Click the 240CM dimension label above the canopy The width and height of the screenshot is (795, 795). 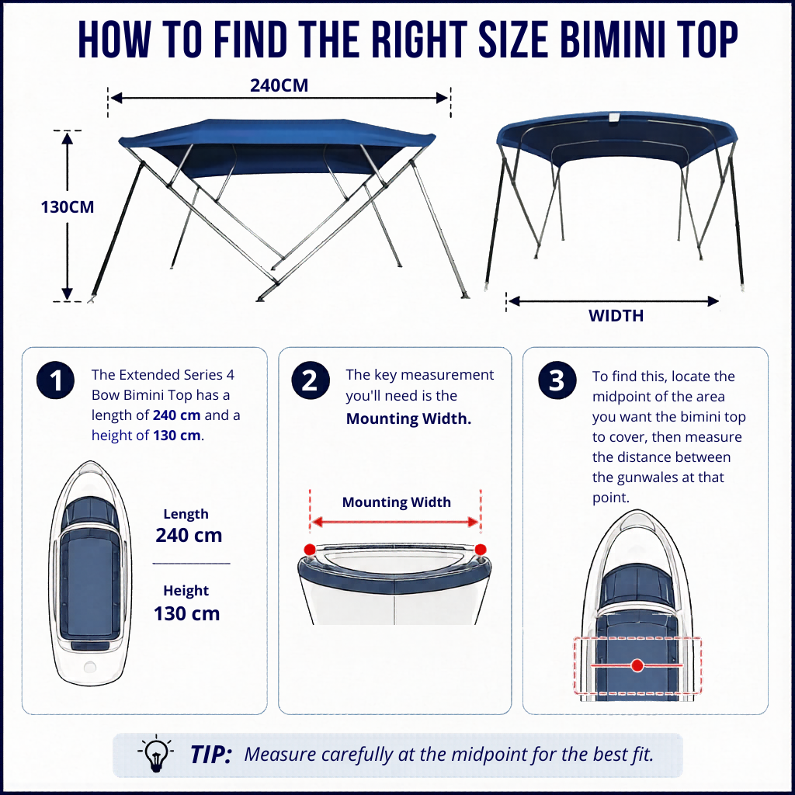click(x=279, y=85)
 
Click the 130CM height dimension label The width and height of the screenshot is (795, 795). click(x=68, y=207)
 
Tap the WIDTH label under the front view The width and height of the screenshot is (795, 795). click(x=616, y=316)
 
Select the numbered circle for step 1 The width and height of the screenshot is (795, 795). click(x=55, y=380)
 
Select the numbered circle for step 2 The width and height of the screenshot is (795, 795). click(x=311, y=380)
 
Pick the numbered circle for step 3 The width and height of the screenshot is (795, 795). click(x=557, y=380)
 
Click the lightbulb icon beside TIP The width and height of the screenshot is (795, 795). click(x=155, y=753)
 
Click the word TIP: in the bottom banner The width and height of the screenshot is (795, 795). click(x=211, y=755)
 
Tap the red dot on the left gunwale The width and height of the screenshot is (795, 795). click(x=309, y=550)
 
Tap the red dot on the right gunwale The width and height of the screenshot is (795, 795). click(x=481, y=550)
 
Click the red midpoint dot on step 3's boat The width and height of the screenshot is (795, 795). click(x=637, y=665)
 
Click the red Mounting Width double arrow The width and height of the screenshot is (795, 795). click(x=395, y=522)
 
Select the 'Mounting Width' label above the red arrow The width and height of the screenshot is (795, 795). click(x=397, y=502)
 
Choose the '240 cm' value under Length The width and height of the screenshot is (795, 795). click(x=189, y=535)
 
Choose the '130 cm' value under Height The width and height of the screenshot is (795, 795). click(x=186, y=613)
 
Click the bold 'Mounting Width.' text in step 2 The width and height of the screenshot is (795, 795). click(x=408, y=418)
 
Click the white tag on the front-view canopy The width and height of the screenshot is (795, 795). click(x=614, y=118)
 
